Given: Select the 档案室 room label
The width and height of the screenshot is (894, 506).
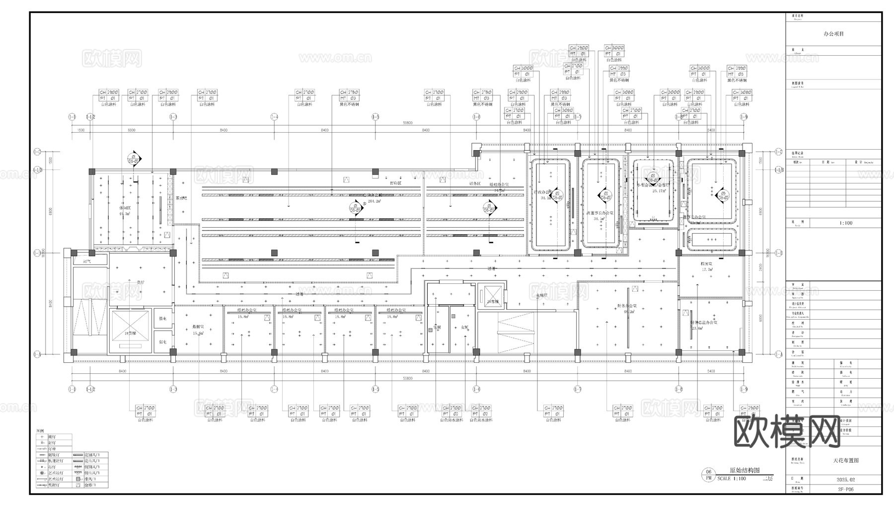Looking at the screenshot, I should click(x=707, y=264).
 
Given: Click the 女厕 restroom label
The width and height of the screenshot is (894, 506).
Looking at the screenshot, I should click(x=464, y=327).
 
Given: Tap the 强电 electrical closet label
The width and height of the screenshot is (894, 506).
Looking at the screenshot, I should click(x=162, y=319).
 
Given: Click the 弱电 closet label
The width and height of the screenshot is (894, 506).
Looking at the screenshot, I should click(x=162, y=342).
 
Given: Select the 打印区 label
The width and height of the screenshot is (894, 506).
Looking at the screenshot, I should click(x=395, y=183).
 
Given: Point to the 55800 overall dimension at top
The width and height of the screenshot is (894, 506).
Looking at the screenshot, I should click(x=407, y=123).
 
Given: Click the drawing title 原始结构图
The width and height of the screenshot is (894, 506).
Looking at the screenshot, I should click(x=744, y=470).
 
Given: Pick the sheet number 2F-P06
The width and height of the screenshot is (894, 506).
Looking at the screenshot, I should click(x=845, y=489).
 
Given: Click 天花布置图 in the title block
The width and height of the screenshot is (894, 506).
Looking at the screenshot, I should click(x=845, y=461).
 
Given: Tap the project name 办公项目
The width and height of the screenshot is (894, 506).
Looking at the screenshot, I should click(x=833, y=34).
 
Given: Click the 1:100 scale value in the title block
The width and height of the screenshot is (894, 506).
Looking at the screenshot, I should click(x=846, y=223).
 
